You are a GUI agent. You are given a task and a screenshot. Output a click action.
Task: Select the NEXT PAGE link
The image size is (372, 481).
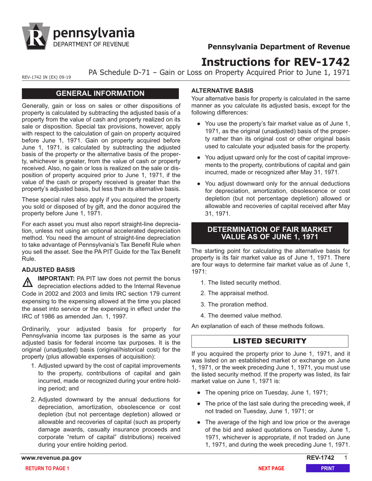271,468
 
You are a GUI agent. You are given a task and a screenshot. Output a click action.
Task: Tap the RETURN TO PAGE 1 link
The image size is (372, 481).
47,468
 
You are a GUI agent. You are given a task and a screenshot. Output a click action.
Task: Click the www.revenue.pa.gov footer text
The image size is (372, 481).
52,458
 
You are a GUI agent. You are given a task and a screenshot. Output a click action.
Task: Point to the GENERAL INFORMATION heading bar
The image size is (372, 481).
101,93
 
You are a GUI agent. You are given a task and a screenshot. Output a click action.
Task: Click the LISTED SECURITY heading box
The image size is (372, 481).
270,341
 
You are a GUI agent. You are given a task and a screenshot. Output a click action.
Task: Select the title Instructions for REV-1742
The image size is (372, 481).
276,62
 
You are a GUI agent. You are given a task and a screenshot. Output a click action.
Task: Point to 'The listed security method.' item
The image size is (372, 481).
240,282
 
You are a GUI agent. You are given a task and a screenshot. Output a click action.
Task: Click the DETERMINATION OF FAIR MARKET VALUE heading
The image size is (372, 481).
270,233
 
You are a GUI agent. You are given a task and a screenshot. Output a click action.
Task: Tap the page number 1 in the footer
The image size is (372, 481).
345,458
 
